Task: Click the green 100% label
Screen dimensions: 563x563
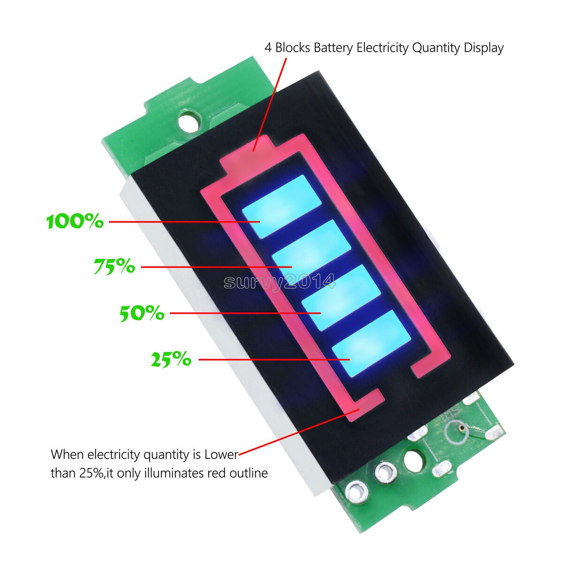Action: (x=75, y=221)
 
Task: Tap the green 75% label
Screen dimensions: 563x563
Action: (x=114, y=266)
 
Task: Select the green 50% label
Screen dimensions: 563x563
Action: (x=142, y=313)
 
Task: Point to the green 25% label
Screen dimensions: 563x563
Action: (x=171, y=359)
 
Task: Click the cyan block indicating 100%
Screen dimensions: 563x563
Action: (x=281, y=206)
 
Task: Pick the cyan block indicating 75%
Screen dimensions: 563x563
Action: (x=312, y=251)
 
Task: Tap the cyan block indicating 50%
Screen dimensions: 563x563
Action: (x=341, y=297)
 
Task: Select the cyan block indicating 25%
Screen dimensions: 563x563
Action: (x=371, y=343)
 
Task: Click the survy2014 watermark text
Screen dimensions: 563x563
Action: (x=279, y=282)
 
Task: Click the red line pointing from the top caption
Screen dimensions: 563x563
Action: (x=270, y=104)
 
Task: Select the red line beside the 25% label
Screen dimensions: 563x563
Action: (x=274, y=359)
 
